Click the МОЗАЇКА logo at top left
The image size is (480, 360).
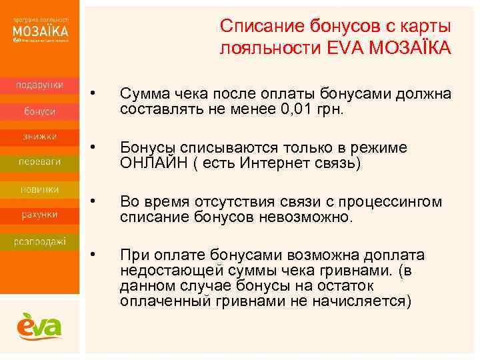tap(41, 31)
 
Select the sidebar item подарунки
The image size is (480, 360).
tap(40, 85)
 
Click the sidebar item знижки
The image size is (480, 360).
tap(40, 136)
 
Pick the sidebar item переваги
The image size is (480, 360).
tap(40, 161)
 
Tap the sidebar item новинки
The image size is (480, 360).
tap(40, 189)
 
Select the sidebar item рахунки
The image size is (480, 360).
tap(40, 214)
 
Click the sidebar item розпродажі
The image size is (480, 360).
tap(40, 241)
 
